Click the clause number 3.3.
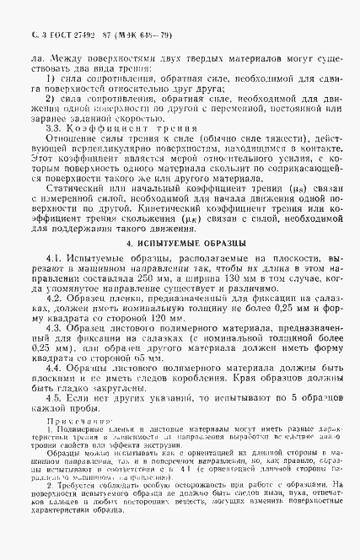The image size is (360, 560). click(x=59, y=129)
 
